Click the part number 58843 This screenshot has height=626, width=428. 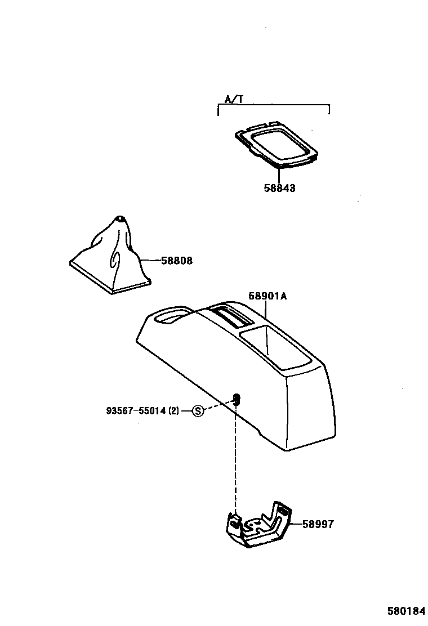click(279, 189)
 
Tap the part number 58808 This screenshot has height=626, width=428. click(176, 261)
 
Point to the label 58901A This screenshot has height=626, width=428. click(267, 296)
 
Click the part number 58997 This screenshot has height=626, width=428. click(318, 524)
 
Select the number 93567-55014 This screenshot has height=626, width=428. click(136, 411)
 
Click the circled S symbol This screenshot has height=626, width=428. click(198, 411)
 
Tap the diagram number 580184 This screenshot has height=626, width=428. click(405, 611)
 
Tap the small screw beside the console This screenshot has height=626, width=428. click(237, 400)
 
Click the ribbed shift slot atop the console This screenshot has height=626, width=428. click(231, 316)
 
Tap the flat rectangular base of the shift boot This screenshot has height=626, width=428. click(110, 279)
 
